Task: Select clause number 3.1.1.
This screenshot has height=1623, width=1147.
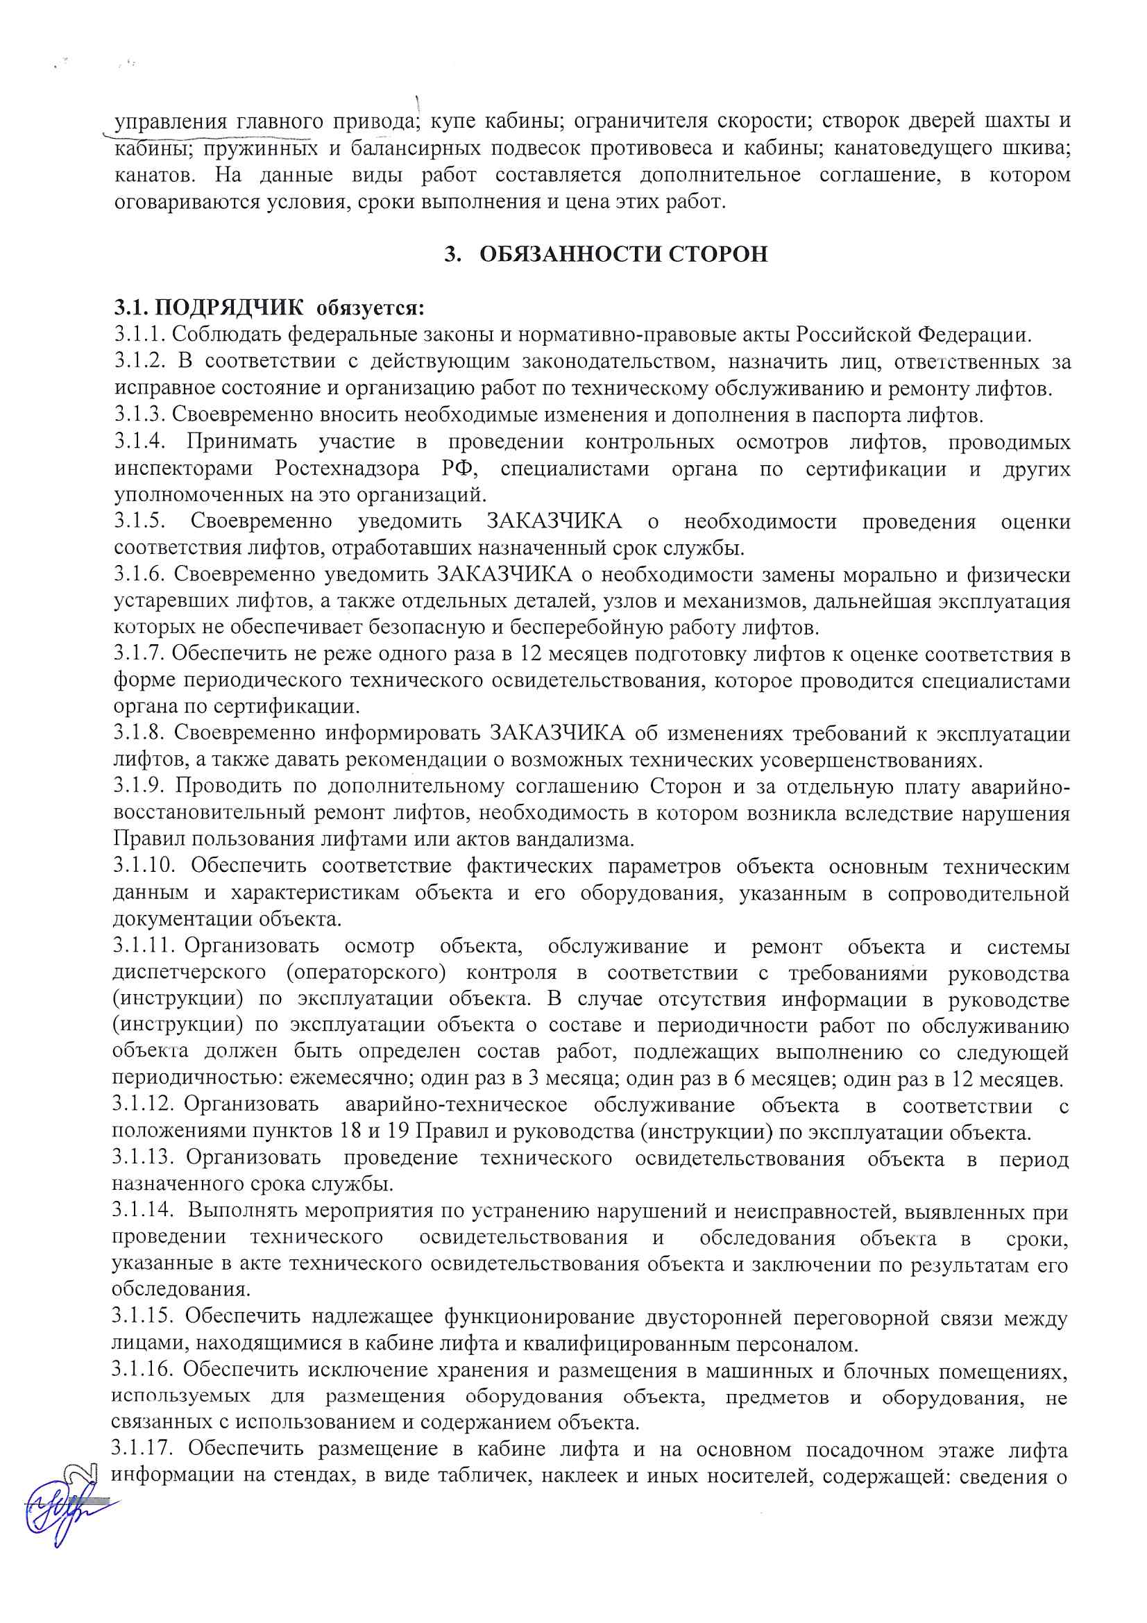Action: [139, 335]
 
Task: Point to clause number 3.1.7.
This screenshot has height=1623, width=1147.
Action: [139, 653]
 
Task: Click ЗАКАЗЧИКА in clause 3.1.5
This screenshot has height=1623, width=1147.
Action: [555, 522]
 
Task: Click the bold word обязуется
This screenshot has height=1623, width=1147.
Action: [371, 308]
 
